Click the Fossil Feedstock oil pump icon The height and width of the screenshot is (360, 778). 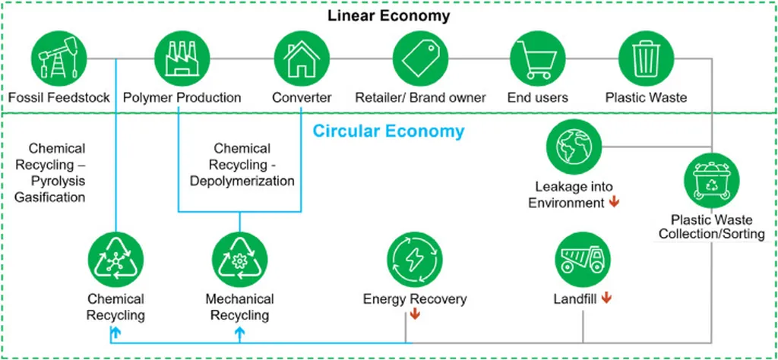(x=59, y=58)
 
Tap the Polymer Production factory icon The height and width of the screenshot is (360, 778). (x=182, y=58)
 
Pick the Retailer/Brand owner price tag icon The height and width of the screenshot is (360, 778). (x=421, y=58)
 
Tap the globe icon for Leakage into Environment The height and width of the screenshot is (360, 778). (x=574, y=147)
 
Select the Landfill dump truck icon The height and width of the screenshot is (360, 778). (x=583, y=257)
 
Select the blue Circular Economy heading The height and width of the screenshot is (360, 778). (x=388, y=131)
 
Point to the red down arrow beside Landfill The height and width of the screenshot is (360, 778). (x=606, y=298)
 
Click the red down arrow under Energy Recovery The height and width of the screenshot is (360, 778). (x=414, y=314)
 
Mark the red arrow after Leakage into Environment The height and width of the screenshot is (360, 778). (x=613, y=203)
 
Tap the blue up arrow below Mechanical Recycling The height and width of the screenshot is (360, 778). (x=239, y=332)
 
